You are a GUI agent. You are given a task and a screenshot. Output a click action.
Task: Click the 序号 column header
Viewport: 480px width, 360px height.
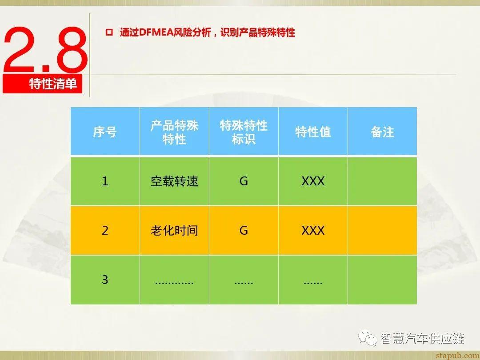pos(105,132)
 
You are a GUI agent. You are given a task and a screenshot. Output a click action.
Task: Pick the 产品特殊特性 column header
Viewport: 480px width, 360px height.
pos(174,132)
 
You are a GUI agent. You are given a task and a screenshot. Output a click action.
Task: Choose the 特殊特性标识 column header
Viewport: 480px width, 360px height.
pos(244,132)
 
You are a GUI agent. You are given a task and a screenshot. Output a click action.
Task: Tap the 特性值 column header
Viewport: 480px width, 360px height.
pos(313,132)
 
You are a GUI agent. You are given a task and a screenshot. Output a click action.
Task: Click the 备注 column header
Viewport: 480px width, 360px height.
pos(382,132)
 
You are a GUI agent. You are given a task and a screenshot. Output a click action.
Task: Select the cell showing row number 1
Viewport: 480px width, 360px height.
pos(105,181)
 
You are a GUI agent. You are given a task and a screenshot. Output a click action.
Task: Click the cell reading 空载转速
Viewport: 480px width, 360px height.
pos(174,181)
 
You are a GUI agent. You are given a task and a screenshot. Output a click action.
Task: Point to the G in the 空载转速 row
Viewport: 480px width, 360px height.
pos(244,181)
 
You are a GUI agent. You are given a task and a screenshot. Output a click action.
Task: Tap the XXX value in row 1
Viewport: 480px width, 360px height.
pos(313,181)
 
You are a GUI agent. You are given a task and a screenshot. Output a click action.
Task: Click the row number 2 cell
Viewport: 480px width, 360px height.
pos(105,231)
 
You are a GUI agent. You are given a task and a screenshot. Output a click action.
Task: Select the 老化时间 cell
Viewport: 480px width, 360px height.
pos(174,231)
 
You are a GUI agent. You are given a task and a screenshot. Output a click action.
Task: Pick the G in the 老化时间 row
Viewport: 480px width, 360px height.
pos(244,231)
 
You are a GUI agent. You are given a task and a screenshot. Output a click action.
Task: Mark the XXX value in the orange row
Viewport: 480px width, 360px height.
pos(313,231)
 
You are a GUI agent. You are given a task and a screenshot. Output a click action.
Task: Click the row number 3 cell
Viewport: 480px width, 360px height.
pos(105,280)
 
